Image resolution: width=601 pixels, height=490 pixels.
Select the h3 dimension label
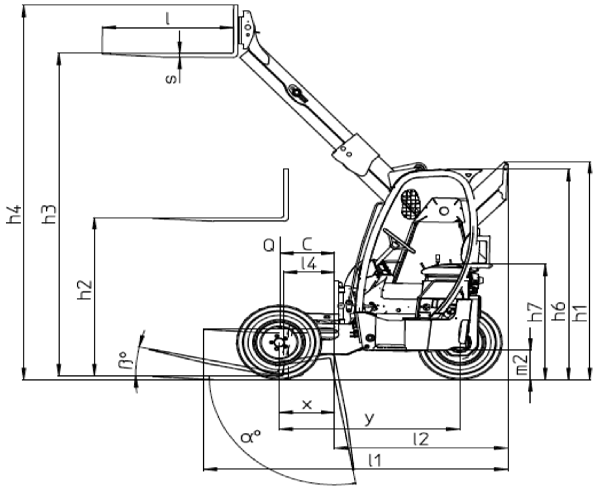pos(50,214)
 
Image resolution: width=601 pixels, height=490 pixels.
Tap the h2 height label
pos(85,290)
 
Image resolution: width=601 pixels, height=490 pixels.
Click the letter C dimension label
pos(307,244)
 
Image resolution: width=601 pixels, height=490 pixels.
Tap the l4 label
pos(309,263)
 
